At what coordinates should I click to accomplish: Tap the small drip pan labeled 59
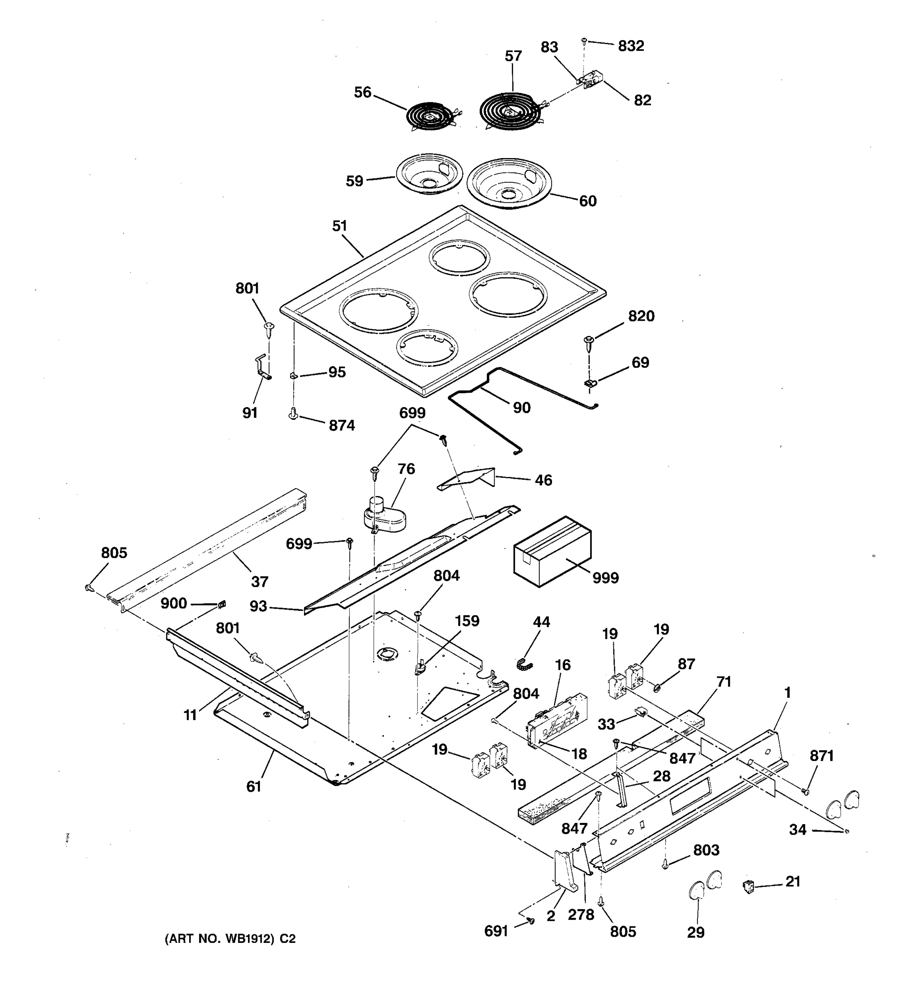(429, 174)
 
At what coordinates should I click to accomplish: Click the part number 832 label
(631, 46)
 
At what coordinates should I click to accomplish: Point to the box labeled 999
(552, 551)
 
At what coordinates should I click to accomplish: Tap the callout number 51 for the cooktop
(339, 226)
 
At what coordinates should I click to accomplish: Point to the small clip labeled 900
(222, 604)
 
